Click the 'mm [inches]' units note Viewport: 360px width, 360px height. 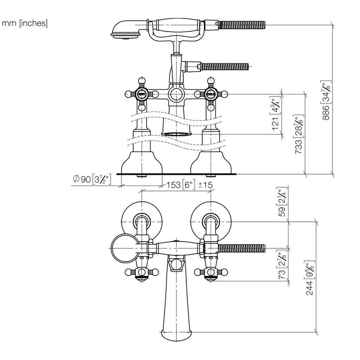[25, 23]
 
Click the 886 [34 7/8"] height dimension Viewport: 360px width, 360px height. [326, 100]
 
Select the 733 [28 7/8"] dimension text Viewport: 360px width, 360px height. [299, 134]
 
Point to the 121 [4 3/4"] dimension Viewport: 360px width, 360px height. [276, 114]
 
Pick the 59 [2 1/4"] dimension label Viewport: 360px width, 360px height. [282, 202]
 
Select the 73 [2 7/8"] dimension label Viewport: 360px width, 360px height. [282, 265]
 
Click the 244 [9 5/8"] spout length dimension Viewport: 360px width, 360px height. [310, 278]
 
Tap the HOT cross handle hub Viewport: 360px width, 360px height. [142, 94]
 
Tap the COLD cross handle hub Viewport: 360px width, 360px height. [211, 94]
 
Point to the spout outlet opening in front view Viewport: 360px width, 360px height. [176, 134]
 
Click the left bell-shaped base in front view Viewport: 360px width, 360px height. [142, 162]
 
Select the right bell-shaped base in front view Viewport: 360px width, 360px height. [211, 162]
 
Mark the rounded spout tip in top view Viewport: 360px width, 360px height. [176, 336]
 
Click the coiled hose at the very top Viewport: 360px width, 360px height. [242, 25]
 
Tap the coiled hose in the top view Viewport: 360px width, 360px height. [242, 248]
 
